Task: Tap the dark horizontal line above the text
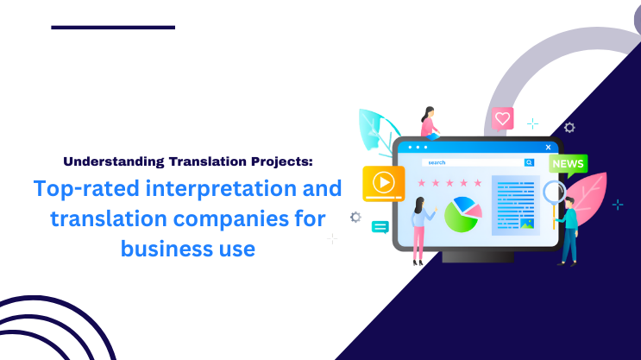click(x=113, y=28)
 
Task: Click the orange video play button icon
click(x=384, y=182)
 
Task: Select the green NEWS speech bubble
click(x=568, y=164)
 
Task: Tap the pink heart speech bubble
click(x=502, y=119)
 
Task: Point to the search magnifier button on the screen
click(x=528, y=162)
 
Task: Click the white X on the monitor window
click(x=548, y=147)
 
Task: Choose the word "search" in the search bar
click(x=437, y=162)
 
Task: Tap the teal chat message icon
click(x=380, y=227)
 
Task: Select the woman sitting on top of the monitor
click(x=429, y=123)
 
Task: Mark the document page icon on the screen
click(x=515, y=205)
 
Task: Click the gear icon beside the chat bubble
click(x=355, y=218)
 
